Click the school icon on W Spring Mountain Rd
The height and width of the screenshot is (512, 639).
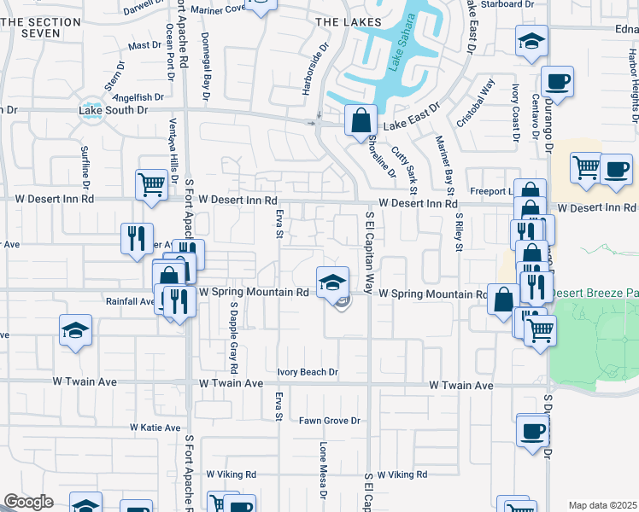click(332, 282)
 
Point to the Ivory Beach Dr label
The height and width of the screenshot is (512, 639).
click(308, 372)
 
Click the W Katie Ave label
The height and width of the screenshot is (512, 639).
click(155, 428)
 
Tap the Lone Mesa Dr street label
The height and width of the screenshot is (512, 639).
click(324, 468)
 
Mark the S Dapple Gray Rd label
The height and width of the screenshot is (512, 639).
click(232, 340)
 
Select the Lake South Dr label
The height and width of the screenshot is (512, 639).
click(113, 110)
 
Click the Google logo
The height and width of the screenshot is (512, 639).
click(28, 502)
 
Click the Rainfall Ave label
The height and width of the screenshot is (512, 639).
click(131, 301)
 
